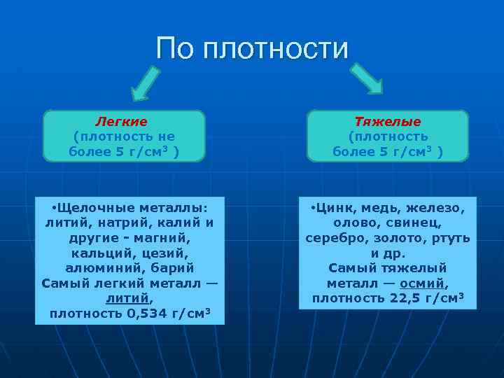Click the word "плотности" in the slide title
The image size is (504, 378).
coord(275,49)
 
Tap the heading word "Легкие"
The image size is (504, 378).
coord(121,122)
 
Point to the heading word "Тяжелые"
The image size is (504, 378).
coord(388,122)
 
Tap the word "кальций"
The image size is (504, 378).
coord(99,253)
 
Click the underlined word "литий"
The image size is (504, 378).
coord(129,298)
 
